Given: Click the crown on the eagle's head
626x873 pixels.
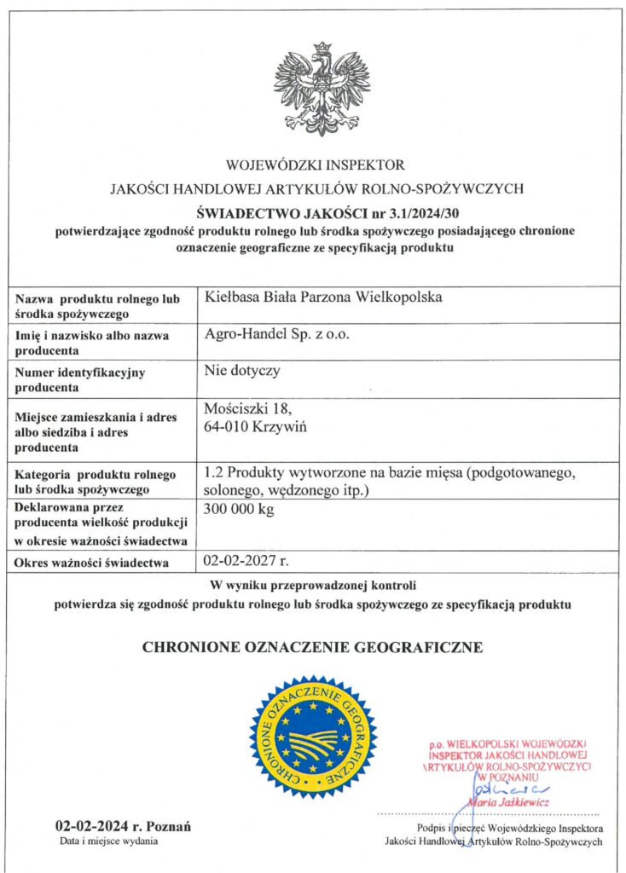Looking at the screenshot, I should pos(322,49).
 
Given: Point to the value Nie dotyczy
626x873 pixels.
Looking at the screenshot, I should pos(242,371).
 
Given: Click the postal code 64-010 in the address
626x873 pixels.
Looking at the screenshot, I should pos(227,425).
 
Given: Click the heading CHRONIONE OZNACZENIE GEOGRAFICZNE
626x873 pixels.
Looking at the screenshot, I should pos(312,648).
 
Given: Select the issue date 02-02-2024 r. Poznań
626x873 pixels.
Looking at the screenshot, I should pos(123,825).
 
